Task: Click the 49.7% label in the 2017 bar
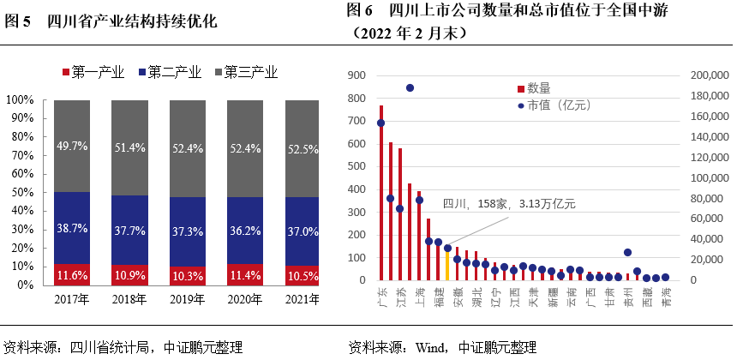[71, 147]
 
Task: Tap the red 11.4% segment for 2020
[245, 274]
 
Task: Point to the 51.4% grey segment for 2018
[129, 147]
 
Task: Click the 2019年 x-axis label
[187, 299]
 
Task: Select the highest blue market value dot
[410, 87]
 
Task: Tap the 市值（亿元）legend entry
[556, 105]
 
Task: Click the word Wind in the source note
[430, 347]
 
